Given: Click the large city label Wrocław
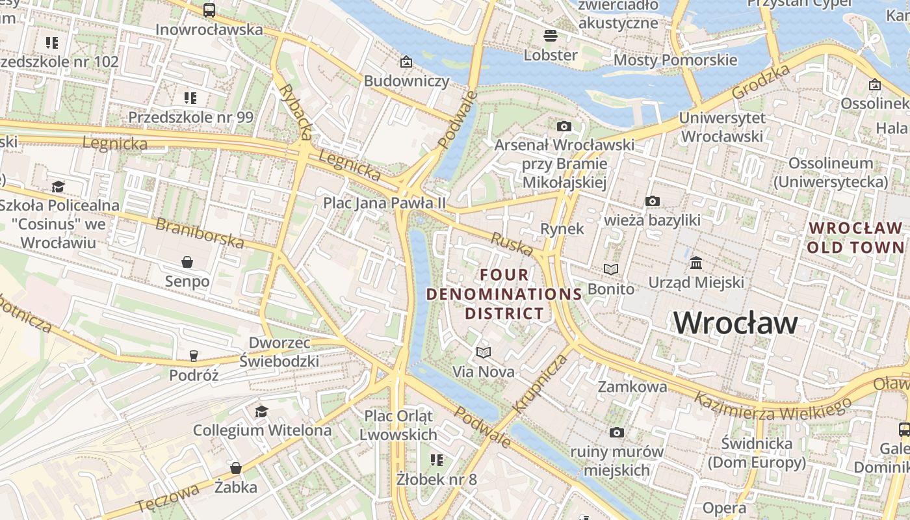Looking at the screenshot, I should click(x=735, y=322).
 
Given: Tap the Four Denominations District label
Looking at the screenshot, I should click(x=504, y=294).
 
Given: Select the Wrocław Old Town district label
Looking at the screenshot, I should click(x=855, y=237).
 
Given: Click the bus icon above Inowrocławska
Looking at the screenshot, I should click(x=209, y=10).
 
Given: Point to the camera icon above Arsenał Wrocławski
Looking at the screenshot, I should click(x=564, y=126).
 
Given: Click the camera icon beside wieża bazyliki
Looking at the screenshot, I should click(x=653, y=201).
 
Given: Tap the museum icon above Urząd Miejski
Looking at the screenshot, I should click(x=696, y=263).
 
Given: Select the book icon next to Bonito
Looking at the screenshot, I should click(x=611, y=269).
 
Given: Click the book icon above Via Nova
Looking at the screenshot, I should click(x=483, y=352).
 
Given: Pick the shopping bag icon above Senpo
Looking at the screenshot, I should click(x=187, y=262).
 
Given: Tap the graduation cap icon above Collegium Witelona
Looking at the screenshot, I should click(x=261, y=411).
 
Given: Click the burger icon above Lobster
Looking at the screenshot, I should click(x=551, y=35).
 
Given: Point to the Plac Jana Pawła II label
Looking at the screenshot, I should click(x=385, y=203).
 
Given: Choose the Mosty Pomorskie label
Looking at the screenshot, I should click(x=675, y=60).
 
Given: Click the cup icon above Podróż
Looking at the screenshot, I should click(x=193, y=356).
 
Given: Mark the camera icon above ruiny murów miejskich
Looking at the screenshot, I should click(x=617, y=432).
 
